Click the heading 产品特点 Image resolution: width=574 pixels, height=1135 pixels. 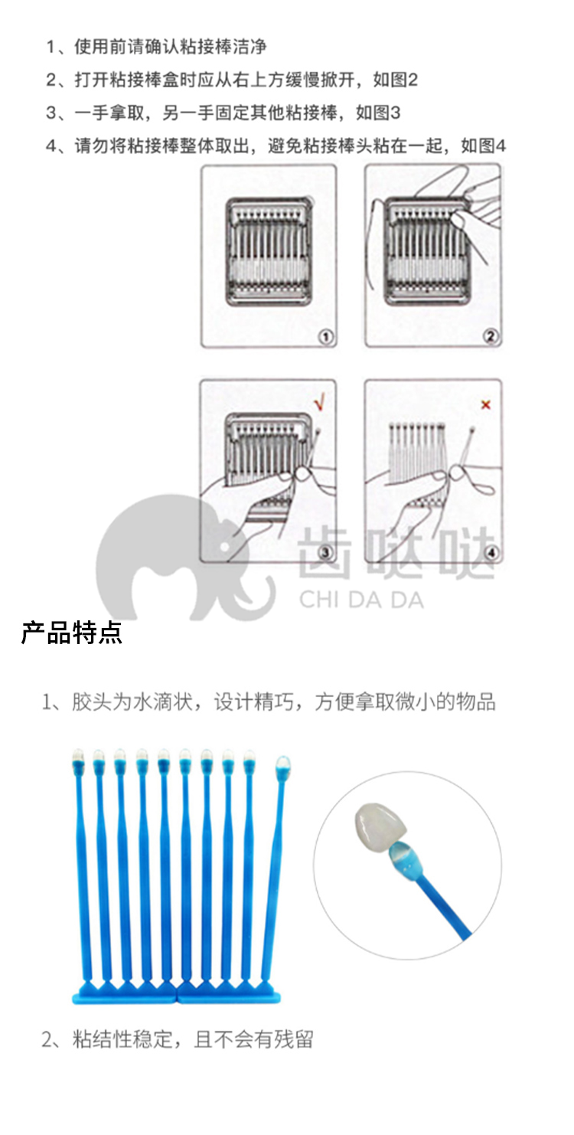coord(71,633)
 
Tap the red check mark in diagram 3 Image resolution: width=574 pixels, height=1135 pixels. coord(319,402)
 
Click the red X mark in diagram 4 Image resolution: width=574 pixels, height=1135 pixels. coord(486,404)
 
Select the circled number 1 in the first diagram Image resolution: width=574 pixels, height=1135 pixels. coord(326,336)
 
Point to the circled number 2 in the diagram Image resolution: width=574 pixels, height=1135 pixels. coord(490,336)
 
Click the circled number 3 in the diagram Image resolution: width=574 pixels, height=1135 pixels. coord(325,552)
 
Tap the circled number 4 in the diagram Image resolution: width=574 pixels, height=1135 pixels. coord(491,552)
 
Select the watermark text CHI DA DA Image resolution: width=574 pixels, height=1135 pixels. coord(361,600)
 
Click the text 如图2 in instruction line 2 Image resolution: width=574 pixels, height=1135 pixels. coord(396,80)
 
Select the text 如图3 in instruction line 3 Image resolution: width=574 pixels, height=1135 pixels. coord(377,113)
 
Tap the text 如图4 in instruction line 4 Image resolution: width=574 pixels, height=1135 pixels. coord(483,146)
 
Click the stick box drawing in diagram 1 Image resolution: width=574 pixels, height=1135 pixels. coord(269,252)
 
